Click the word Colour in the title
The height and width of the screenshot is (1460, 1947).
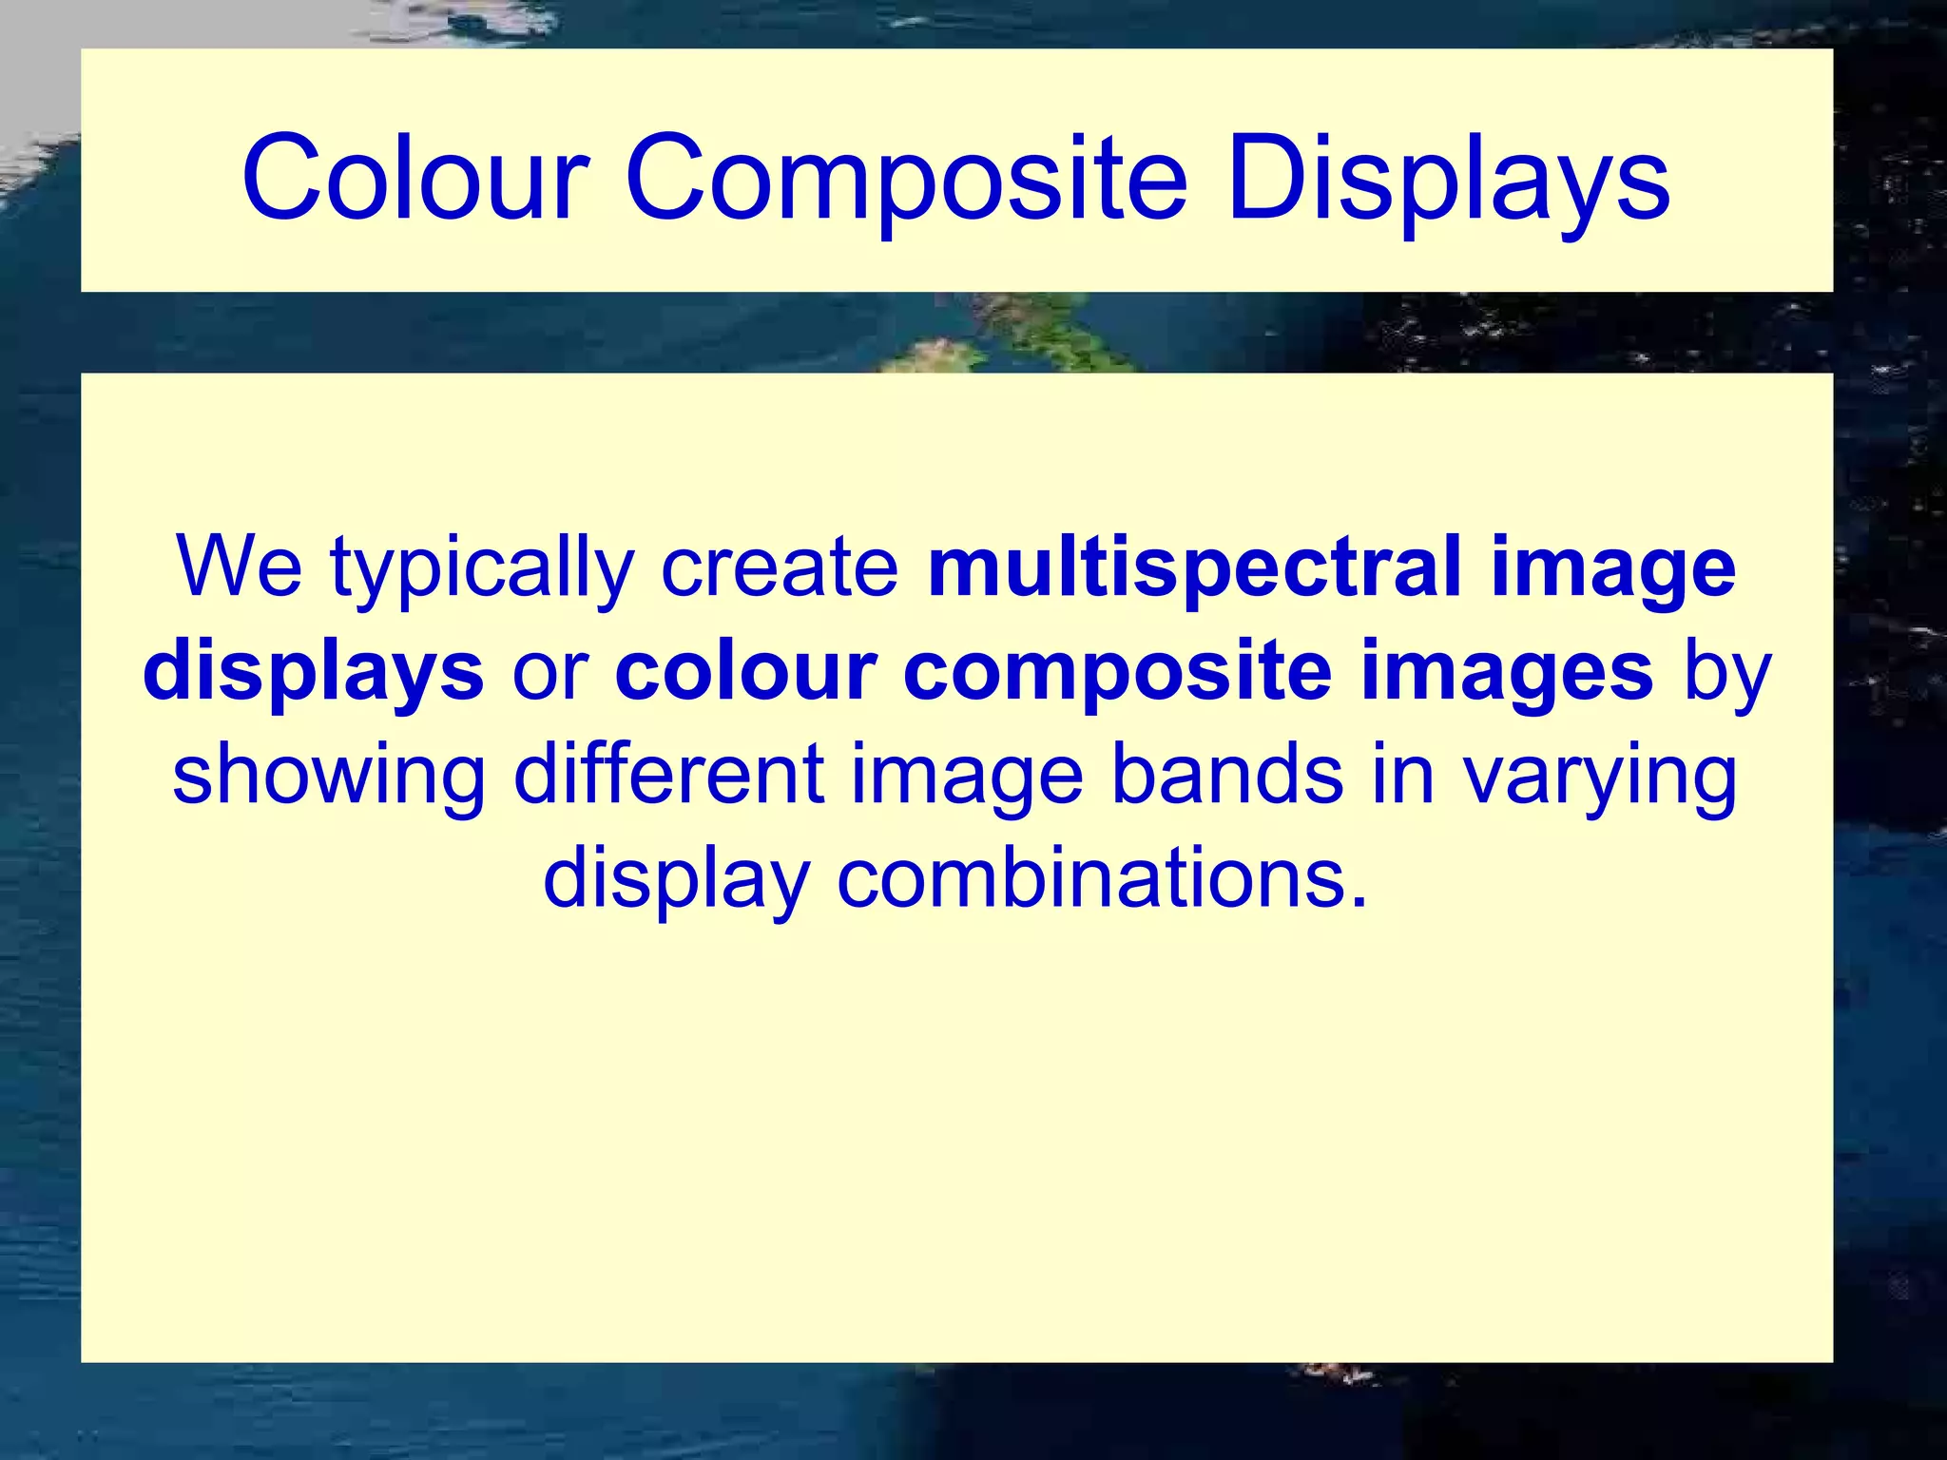[415, 179]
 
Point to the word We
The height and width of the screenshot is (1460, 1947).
[240, 567]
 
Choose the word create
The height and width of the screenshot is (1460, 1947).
[780, 568]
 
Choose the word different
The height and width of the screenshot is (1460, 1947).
[668, 775]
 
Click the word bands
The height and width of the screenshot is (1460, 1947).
[1227, 775]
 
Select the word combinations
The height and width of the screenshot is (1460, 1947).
[1102, 878]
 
